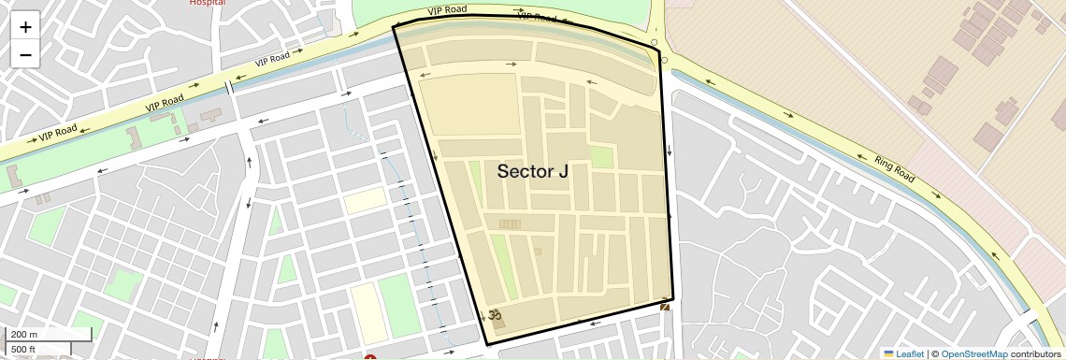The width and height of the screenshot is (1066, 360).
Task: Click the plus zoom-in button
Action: click(x=25, y=26)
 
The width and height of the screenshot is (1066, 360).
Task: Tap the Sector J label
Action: click(x=532, y=171)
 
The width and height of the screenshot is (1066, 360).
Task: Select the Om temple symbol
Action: click(x=495, y=315)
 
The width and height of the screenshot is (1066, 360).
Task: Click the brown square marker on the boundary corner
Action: click(x=665, y=307)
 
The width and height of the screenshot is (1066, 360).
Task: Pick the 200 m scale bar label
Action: click(x=24, y=335)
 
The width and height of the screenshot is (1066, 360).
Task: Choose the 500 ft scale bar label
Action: click(x=24, y=350)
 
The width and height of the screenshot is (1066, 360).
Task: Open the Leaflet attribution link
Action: click(x=909, y=353)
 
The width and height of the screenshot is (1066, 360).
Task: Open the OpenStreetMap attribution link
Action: click(x=973, y=353)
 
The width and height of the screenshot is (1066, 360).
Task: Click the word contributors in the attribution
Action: click(x=1035, y=353)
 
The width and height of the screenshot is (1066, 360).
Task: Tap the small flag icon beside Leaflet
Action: click(x=888, y=353)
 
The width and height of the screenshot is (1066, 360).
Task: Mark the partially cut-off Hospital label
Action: click(x=207, y=3)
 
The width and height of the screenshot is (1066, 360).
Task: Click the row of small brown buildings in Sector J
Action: click(x=511, y=223)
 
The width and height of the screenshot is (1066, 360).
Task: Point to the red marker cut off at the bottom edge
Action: click(x=370, y=357)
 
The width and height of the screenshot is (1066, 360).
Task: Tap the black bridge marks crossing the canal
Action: click(x=228, y=88)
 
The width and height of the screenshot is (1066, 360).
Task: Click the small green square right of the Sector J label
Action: click(x=603, y=157)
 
